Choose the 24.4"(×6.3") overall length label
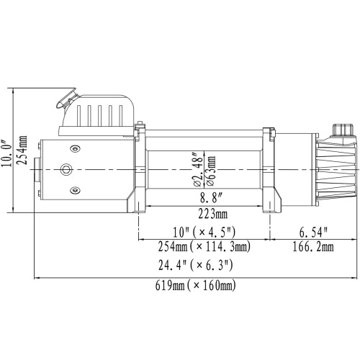click(194, 266)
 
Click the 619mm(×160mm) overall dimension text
click(194, 286)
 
